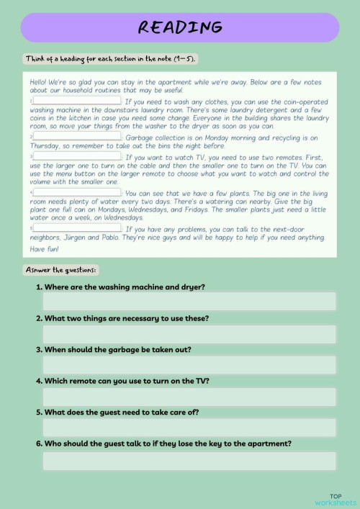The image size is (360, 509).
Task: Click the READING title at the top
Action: point(179,27)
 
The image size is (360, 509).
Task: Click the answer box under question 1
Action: point(189,302)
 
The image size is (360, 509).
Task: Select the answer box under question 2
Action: point(189,333)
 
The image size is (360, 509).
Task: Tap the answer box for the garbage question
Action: point(189,365)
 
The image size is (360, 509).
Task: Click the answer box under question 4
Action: point(189,397)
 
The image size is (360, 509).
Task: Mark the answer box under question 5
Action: point(189,428)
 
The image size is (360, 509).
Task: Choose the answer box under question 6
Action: point(189,461)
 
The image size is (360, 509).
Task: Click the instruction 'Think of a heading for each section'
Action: point(111,58)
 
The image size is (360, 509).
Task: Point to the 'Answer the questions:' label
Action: point(60,269)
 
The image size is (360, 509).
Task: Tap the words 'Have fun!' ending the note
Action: point(42,249)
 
